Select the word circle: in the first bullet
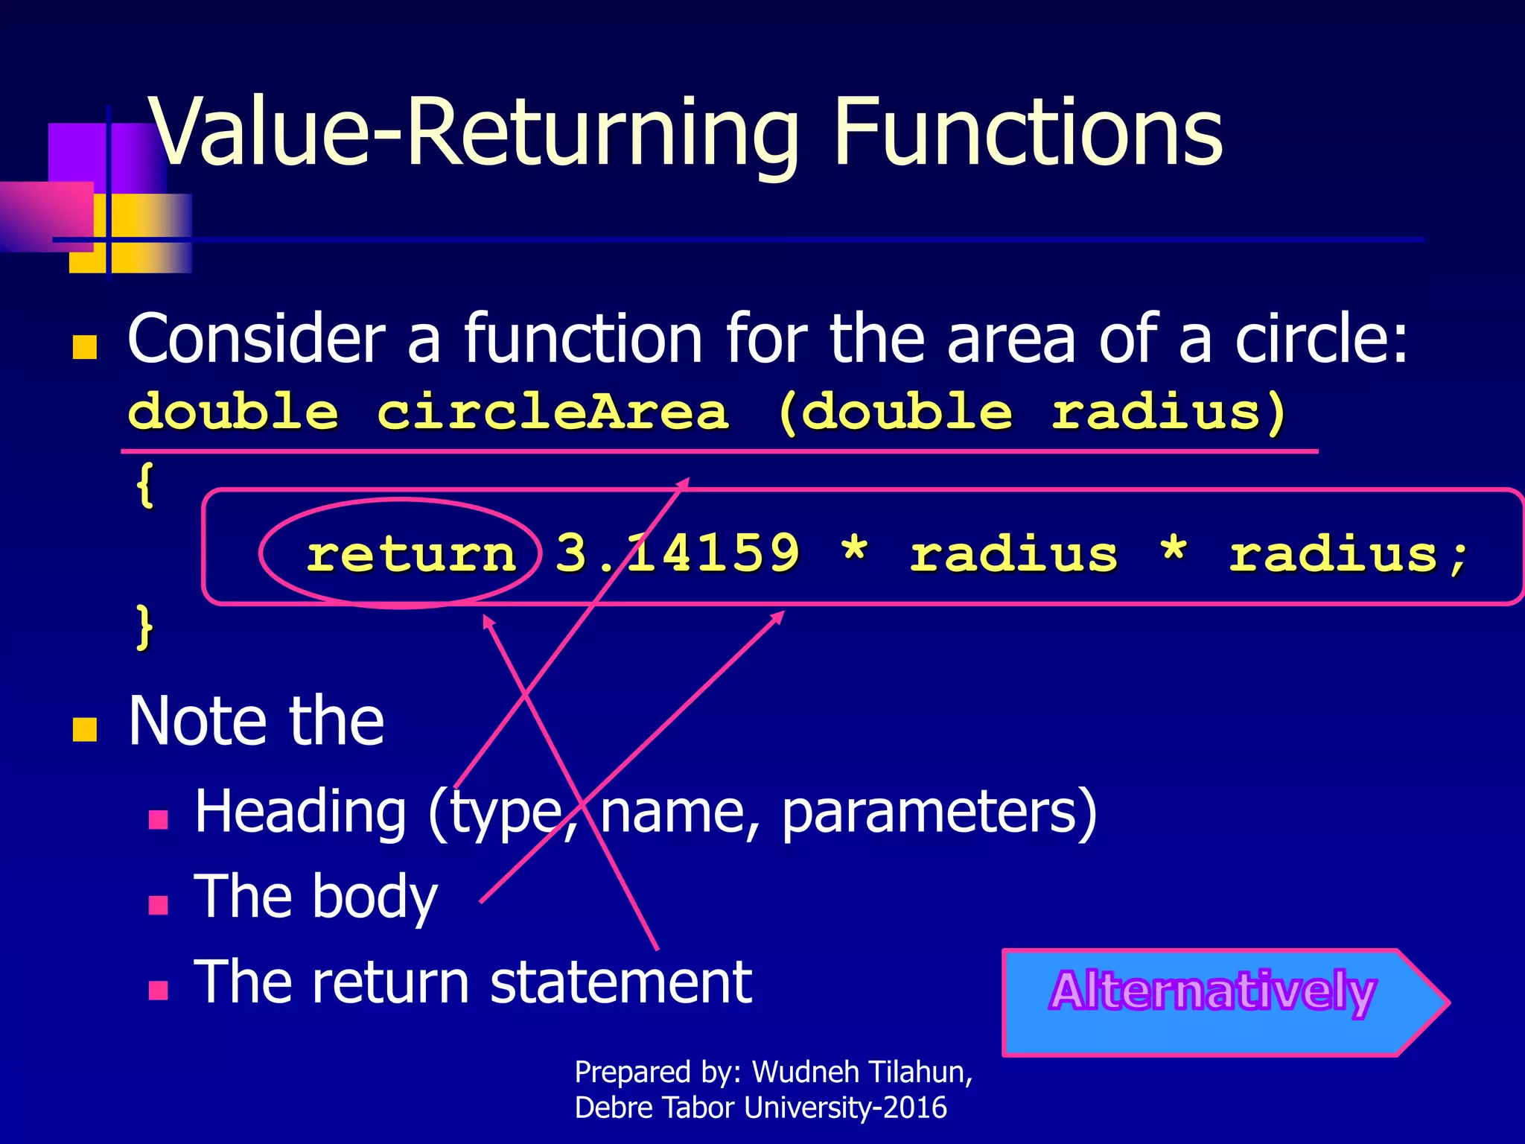coord(1321,340)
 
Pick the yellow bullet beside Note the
coord(85,730)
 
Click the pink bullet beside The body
coord(158,905)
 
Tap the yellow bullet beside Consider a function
coord(85,347)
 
